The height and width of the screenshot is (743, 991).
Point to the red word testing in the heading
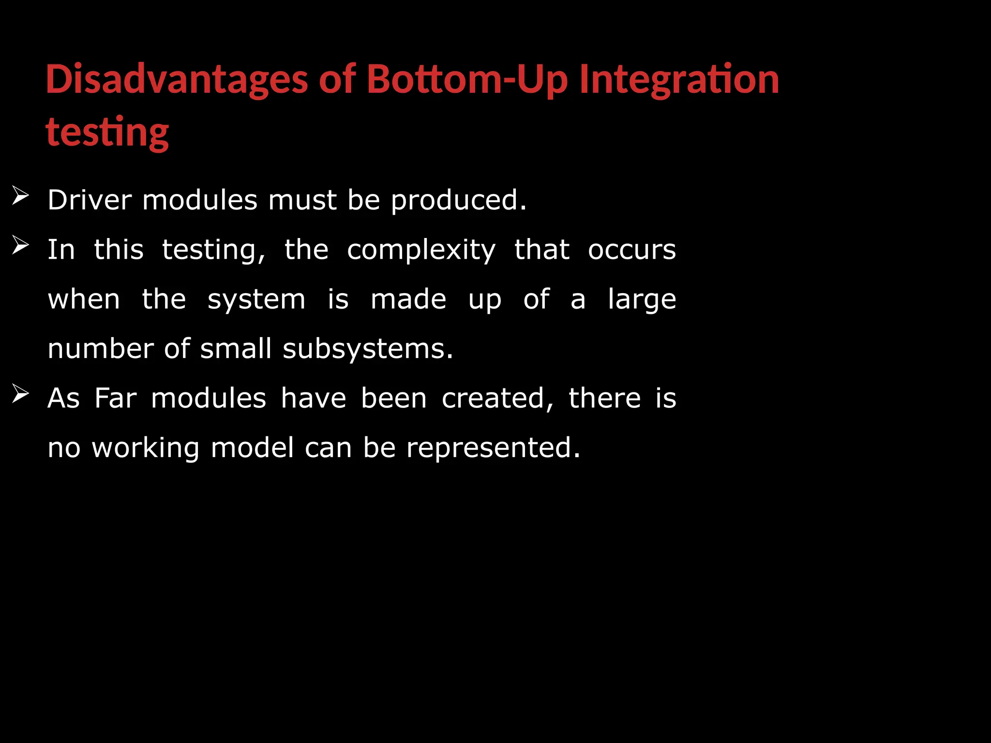click(107, 132)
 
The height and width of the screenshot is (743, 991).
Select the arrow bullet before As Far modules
click(20, 394)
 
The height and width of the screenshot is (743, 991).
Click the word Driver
click(90, 200)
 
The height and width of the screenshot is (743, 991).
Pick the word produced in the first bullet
click(458, 200)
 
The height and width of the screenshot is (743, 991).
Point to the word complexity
click(421, 250)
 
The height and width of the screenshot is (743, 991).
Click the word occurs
click(631, 250)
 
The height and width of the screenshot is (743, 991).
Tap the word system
click(256, 299)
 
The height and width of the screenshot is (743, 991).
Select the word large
click(642, 299)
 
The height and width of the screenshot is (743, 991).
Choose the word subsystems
click(367, 349)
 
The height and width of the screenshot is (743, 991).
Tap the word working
click(146, 448)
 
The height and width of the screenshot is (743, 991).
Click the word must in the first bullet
click(302, 200)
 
